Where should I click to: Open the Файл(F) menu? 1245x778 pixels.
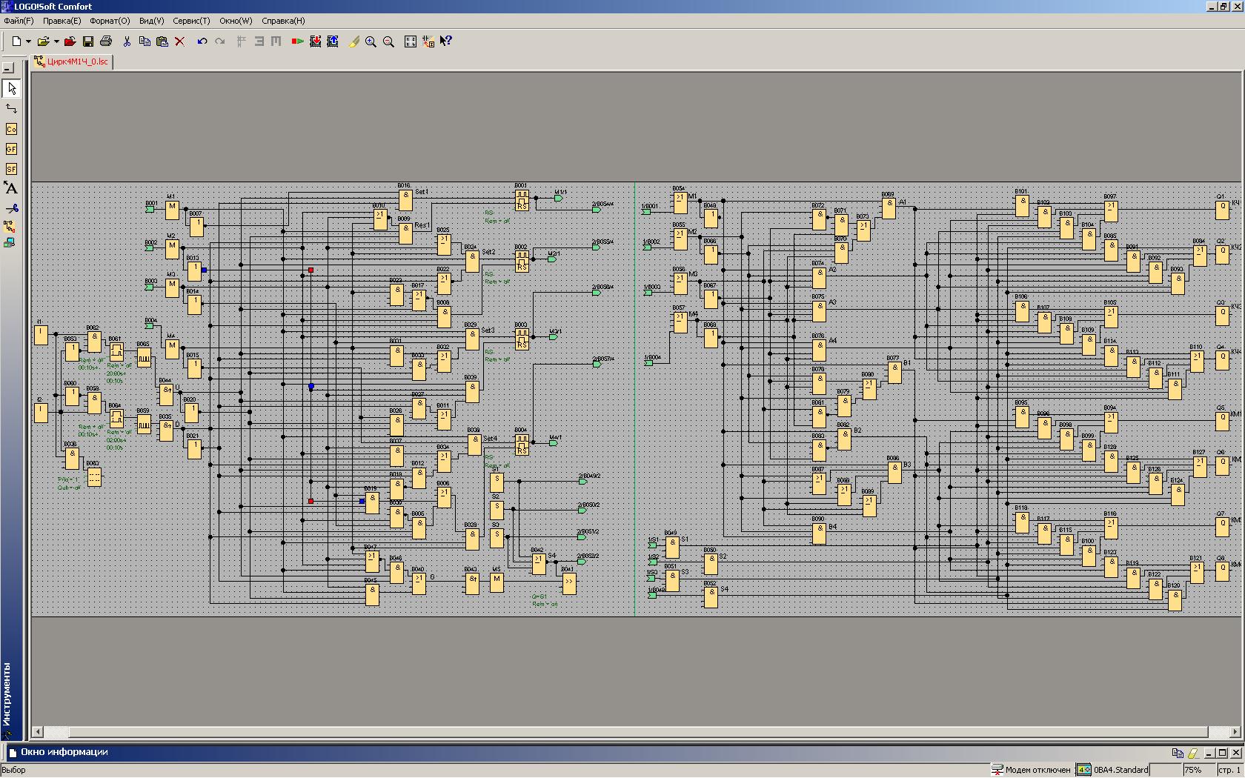tap(19, 21)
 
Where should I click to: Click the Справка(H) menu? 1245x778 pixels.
tap(282, 21)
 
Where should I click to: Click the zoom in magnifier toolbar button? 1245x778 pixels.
tap(371, 41)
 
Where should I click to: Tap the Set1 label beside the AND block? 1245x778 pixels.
tap(422, 192)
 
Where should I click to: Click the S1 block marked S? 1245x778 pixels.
tap(497, 482)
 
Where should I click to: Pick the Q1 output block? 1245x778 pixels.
tap(1223, 210)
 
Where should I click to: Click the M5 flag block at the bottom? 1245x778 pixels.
tap(497, 582)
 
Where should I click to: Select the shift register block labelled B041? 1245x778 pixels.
tap(568, 582)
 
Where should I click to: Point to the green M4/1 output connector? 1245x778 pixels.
tap(553, 443)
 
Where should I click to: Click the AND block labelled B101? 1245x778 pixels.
tap(1022, 205)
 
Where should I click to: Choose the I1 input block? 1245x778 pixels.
tap(41, 335)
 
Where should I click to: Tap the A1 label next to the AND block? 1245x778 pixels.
tap(903, 202)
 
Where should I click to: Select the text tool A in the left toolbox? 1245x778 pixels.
tap(10, 188)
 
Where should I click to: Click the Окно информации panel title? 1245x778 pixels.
tap(64, 752)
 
